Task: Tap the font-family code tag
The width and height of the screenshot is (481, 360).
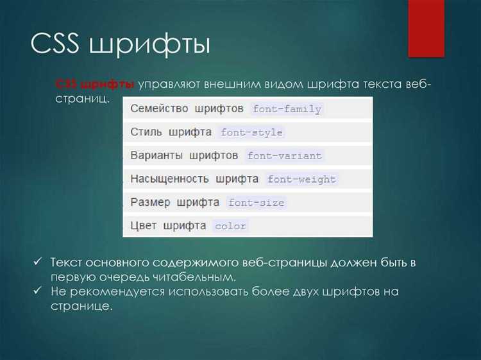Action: click(287, 109)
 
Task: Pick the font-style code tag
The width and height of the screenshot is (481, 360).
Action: click(251, 133)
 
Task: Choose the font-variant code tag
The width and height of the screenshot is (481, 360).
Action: click(285, 156)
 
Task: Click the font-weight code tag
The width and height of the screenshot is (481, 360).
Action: click(301, 180)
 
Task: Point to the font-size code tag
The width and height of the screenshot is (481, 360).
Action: click(256, 203)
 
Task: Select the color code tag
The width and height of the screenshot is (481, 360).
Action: click(230, 227)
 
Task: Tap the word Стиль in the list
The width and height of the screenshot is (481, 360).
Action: click(145, 132)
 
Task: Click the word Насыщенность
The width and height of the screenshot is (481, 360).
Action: click(169, 179)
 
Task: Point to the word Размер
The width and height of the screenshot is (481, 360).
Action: click(150, 202)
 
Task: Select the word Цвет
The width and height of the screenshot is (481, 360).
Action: click(143, 226)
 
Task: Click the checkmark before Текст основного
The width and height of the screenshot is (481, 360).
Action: click(38, 262)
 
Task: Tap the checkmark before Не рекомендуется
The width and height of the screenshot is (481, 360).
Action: click(38, 291)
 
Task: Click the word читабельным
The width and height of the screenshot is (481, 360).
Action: click(198, 277)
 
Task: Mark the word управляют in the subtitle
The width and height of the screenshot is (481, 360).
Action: click(167, 85)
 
